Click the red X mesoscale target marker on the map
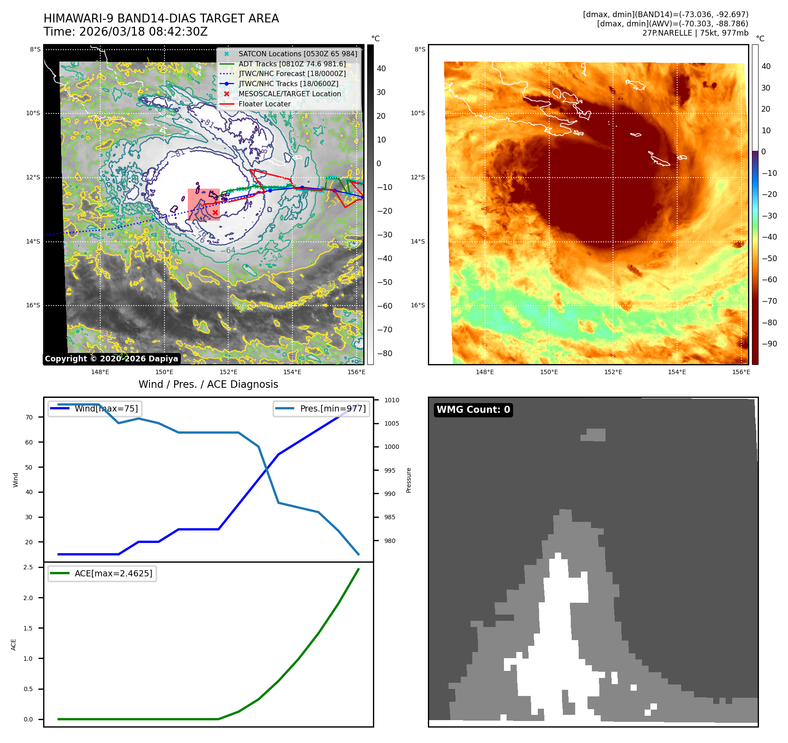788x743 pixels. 215,212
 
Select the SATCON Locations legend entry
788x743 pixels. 298,54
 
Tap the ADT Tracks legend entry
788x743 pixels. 292,64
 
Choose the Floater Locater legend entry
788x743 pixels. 264,104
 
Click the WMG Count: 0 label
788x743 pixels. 473,410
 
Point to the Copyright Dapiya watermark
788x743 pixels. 111,359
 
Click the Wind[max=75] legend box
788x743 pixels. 95,408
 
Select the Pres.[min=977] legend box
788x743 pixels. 321,408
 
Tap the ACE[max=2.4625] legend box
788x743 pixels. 102,573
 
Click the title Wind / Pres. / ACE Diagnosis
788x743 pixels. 208,384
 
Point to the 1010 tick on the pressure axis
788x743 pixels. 391,400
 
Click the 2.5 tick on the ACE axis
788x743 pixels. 28,567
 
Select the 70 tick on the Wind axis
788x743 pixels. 29,417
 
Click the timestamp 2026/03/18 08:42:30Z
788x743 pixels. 143,32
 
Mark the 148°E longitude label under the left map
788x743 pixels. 100,372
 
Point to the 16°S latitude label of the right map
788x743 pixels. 418,305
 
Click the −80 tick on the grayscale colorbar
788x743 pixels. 384,353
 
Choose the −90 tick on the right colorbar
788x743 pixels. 769,344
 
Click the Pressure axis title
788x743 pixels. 409,480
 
